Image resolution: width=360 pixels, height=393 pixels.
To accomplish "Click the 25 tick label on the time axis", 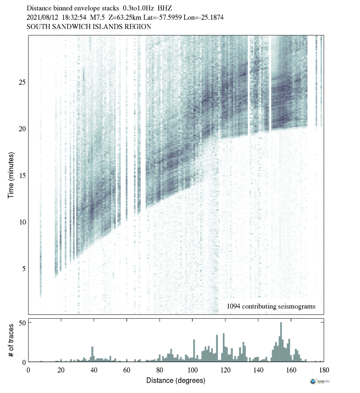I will point(22,82).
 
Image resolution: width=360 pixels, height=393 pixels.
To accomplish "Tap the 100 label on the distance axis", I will point(192,370).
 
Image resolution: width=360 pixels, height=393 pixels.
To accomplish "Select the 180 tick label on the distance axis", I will point(324,370).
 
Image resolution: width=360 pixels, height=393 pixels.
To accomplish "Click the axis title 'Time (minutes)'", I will point(11,174).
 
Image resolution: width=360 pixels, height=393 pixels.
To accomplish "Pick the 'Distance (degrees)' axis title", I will point(176,380).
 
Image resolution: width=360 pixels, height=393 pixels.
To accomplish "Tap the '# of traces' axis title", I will point(11,340).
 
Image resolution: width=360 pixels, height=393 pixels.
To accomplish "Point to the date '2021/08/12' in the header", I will point(42,17).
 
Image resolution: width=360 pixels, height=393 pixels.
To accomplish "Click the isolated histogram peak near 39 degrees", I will point(92,354).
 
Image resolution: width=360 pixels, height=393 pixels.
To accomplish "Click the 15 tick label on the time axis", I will point(22,175).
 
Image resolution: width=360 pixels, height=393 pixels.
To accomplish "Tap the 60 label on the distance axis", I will point(127,370).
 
